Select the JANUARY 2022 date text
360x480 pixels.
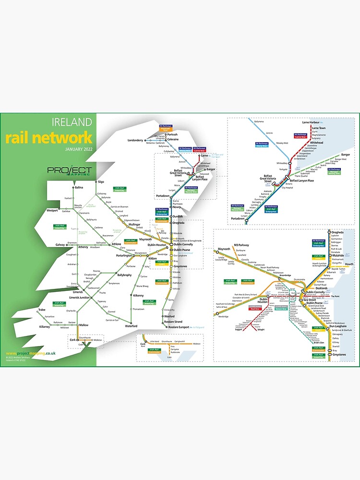78,149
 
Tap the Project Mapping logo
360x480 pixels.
70,171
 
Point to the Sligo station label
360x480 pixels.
101,182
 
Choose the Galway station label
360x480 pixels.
60,244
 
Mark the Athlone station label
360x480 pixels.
117,244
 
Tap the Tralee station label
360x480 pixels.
42,310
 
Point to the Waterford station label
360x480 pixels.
131,326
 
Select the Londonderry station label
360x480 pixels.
135,140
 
